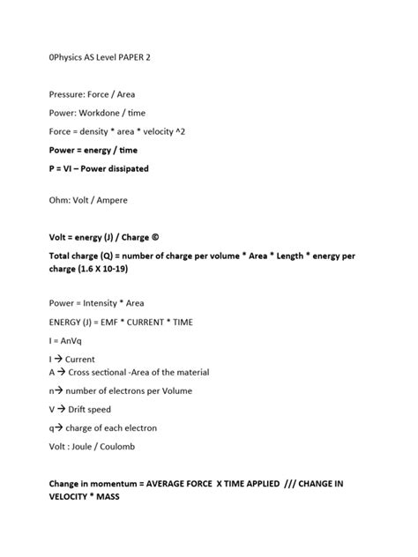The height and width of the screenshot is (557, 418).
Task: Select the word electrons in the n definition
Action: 131,390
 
